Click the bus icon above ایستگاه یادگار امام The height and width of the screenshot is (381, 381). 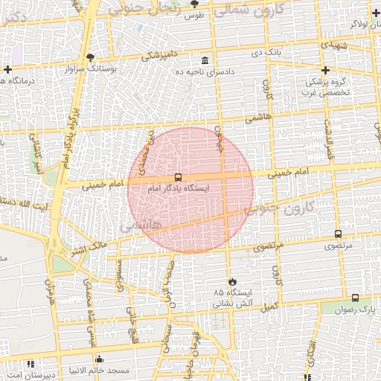[177, 177]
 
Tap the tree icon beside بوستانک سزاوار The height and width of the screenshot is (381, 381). [90, 57]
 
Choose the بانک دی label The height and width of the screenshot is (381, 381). [266, 53]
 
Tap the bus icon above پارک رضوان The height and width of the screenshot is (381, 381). [356, 298]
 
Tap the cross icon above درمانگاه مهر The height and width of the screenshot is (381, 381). [7, 70]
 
